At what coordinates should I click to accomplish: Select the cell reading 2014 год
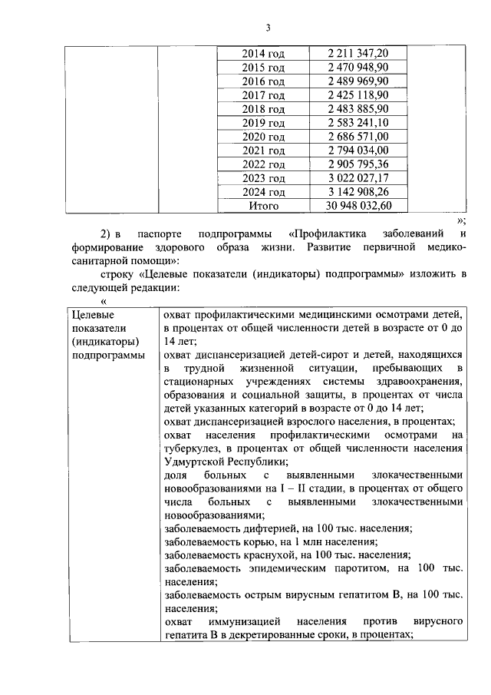[263, 53]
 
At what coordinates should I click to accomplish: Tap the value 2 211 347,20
[358, 53]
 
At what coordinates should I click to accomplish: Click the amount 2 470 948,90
[358, 67]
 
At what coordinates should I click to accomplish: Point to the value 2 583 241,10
[358, 123]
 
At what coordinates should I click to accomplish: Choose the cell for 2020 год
[263, 137]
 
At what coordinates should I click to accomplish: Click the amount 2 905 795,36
[358, 164]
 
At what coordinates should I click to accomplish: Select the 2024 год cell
[263, 192]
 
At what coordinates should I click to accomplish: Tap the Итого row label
[263, 206]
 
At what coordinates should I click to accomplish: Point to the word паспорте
[160, 233]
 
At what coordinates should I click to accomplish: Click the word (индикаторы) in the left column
[105, 342]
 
